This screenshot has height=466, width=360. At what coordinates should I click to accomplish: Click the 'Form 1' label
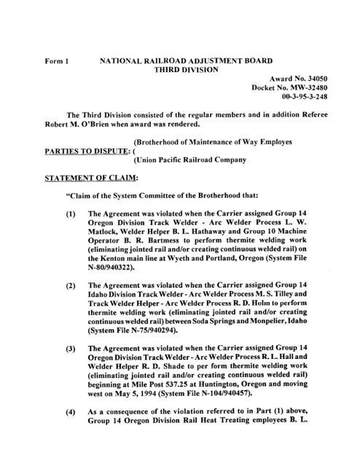(x=57, y=63)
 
